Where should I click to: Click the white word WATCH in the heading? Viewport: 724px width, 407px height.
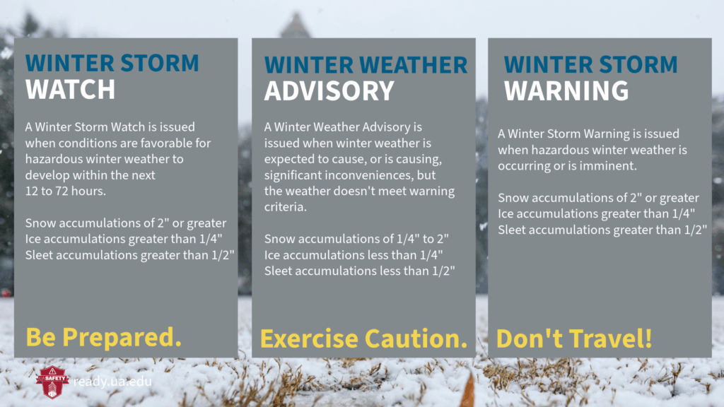pos(70,89)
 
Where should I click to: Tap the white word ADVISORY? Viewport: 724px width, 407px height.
pos(329,91)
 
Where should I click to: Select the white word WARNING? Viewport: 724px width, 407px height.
pos(566,91)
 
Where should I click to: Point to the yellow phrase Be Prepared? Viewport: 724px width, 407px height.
pos(103,337)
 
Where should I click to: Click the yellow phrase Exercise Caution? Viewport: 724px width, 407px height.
pos(364,338)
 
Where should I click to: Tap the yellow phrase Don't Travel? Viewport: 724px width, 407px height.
pos(574,338)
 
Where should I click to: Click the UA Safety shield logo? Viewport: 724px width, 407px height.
pos(52,382)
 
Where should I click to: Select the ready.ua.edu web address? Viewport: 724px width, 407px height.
pos(112,382)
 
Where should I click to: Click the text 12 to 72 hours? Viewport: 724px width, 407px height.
pos(66,191)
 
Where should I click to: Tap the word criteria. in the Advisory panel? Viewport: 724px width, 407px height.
pos(286,207)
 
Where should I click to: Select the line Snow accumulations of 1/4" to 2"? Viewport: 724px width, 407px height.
pos(356,239)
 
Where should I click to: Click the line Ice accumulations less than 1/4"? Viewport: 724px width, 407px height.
pos(354,254)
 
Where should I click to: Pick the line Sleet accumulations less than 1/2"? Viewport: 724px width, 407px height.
pos(360,271)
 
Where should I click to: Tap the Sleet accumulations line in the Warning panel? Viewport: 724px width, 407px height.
pos(602,230)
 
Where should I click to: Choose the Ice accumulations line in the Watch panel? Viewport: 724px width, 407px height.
pos(124,239)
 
